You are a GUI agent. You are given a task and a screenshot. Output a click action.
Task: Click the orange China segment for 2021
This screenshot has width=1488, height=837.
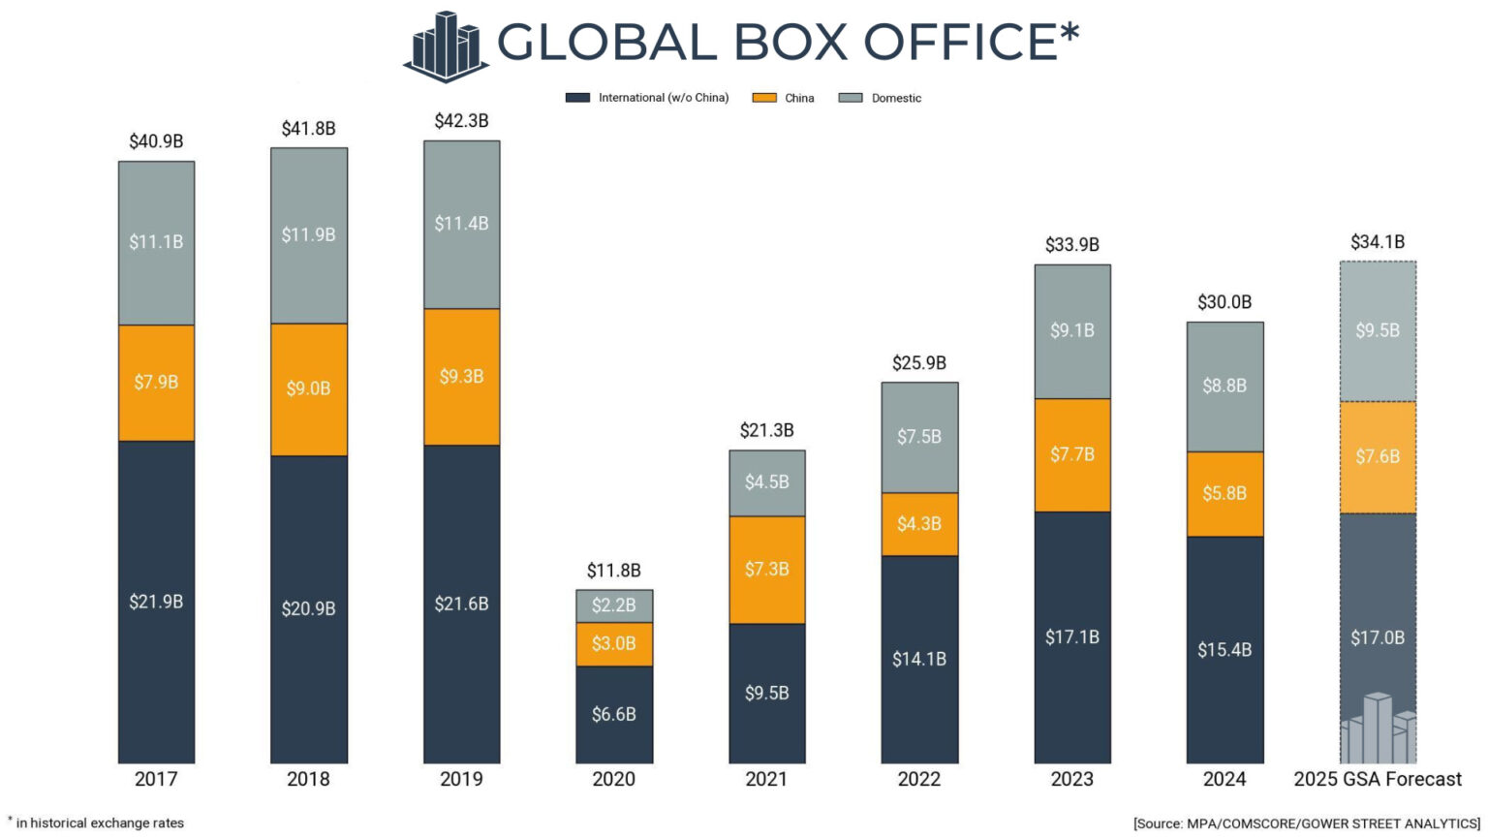766,570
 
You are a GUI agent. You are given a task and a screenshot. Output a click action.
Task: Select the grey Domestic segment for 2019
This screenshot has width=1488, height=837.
461,225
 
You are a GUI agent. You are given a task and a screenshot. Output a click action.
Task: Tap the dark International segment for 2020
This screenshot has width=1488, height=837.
613,714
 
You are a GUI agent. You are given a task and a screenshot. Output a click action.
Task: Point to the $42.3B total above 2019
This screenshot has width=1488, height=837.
461,121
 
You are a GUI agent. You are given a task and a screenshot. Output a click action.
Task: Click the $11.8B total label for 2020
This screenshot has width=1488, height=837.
613,571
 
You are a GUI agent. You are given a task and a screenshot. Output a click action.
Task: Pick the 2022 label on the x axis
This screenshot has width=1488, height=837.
918,779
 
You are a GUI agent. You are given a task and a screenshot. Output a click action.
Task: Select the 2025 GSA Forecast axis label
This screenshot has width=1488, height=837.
1377,779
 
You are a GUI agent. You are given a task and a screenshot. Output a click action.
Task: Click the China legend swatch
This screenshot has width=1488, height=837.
764,98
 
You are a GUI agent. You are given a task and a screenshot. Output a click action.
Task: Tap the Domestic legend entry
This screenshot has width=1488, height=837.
895,98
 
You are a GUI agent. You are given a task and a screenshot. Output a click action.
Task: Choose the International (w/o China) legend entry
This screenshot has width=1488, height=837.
663,98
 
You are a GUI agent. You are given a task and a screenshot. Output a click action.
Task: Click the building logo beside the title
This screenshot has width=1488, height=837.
446,46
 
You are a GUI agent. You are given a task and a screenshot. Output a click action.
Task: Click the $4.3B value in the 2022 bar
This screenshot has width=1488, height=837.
918,524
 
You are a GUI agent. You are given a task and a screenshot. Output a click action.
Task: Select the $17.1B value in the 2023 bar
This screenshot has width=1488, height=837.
1071,637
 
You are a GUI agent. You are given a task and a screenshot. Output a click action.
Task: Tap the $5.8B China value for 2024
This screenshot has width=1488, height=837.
1224,494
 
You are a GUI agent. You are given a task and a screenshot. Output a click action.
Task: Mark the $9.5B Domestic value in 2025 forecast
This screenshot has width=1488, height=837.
1377,331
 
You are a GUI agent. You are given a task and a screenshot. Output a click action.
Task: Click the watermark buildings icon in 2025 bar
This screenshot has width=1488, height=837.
1377,728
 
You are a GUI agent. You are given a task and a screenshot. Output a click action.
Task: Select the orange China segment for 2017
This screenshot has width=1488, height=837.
156,383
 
